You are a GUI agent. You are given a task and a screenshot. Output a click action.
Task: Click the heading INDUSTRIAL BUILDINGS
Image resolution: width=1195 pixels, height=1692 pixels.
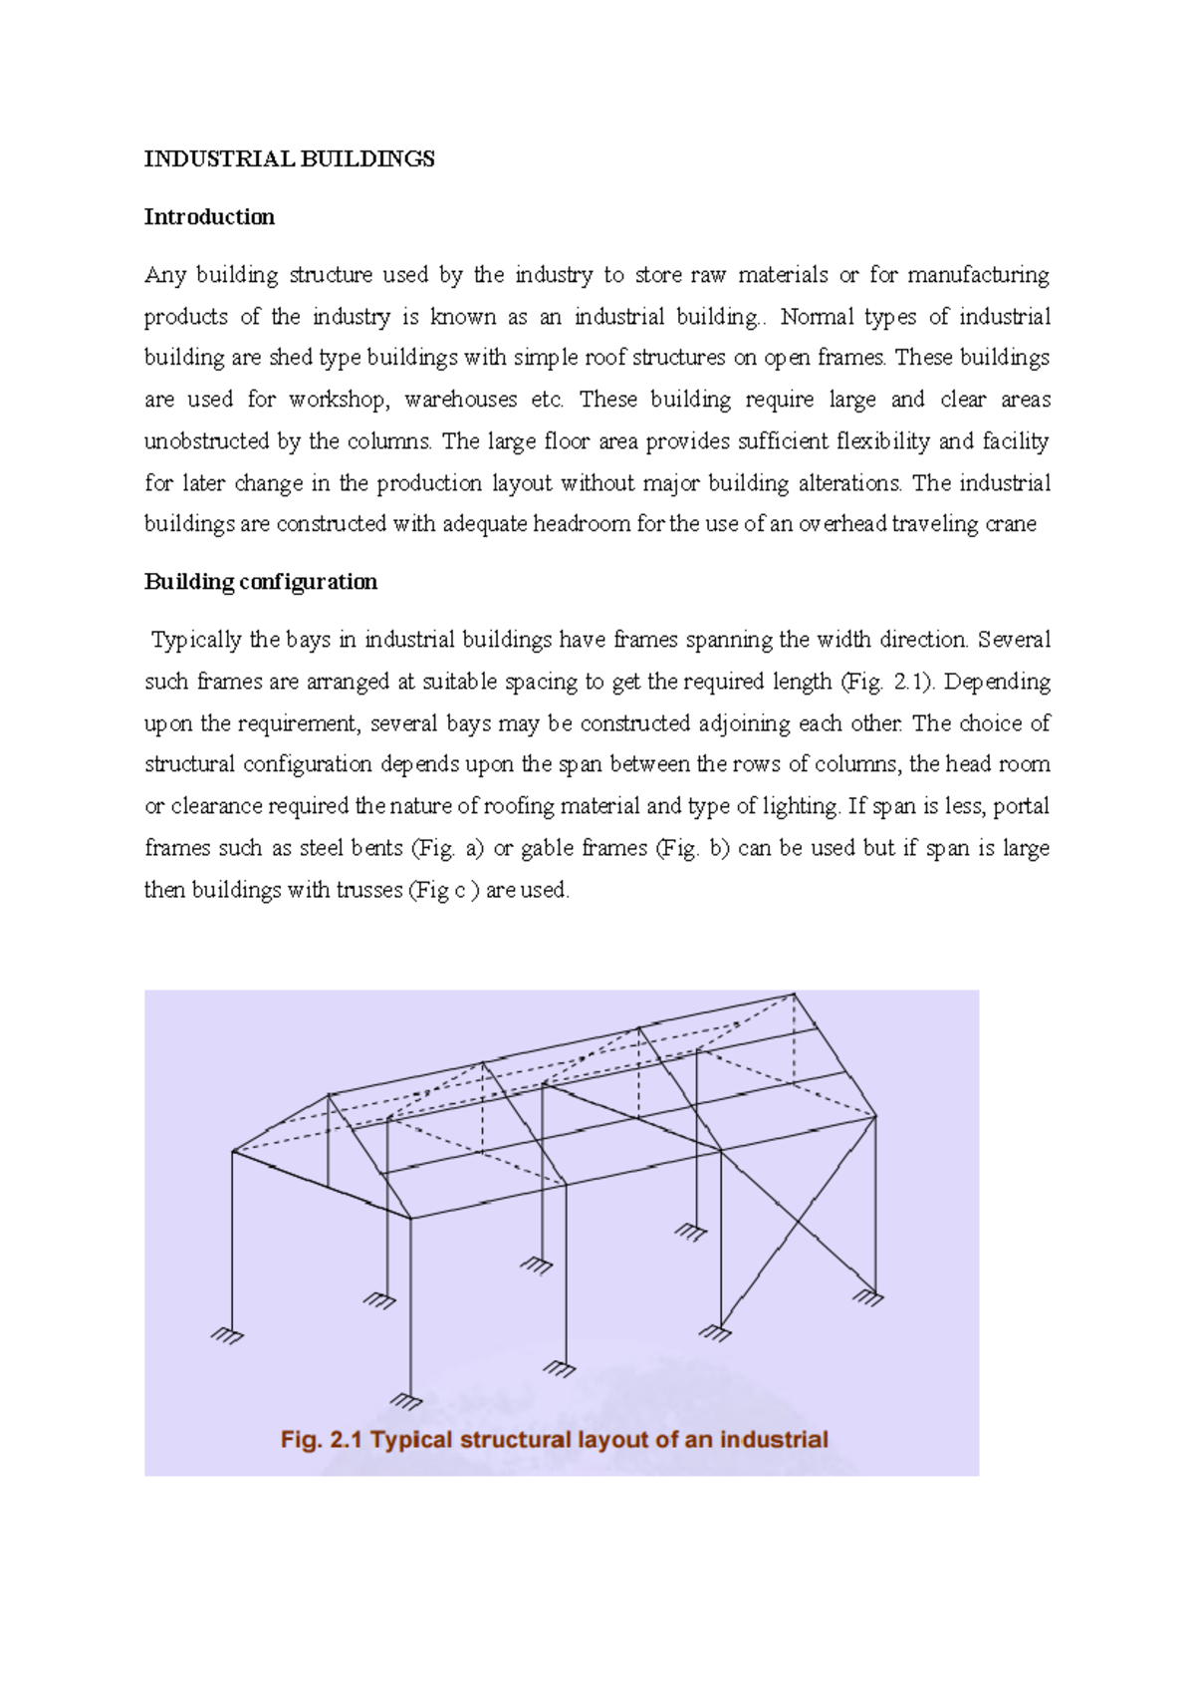pyautogui.click(x=289, y=159)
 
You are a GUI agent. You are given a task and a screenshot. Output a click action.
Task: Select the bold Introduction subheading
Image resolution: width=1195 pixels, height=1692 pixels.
pyautogui.click(x=209, y=217)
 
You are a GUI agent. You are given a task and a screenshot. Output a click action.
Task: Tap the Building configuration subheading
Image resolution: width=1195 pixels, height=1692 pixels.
pyautogui.click(x=261, y=582)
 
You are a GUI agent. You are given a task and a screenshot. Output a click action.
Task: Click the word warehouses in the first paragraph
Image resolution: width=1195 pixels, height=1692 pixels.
pyautogui.click(x=460, y=400)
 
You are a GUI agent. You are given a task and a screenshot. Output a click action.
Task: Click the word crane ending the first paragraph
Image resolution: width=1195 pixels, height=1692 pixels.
pyautogui.click(x=1010, y=524)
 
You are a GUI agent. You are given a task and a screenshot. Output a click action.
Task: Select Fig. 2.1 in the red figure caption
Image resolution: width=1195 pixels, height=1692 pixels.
pyautogui.click(x=322, y=1440)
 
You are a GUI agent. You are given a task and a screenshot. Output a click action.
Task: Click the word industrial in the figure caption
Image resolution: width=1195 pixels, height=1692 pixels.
pyautogui.click(x=774, y=1440)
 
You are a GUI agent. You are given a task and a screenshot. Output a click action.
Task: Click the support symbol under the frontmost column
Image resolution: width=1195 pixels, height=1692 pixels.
pyautogui.click(x=406, y=1401)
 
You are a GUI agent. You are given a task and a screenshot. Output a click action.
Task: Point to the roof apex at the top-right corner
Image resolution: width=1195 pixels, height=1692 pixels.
pyautogui.click(x=794, y=993)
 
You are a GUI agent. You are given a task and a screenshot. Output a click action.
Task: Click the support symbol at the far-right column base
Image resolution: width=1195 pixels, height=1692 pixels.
pyautogui.click(x=868, y=1297)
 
